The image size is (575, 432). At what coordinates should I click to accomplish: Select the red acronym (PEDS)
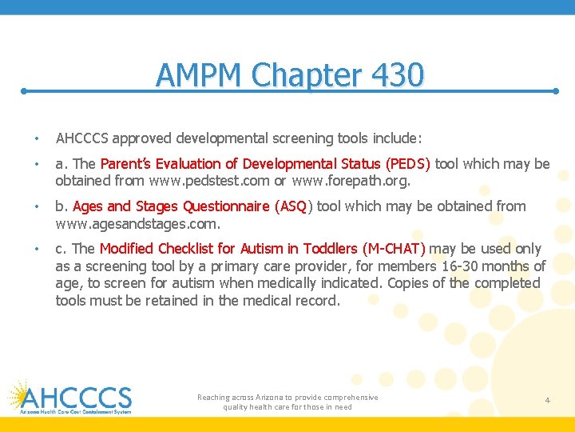click(x=408, y=164)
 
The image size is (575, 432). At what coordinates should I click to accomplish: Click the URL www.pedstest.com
click(x=199, y=181)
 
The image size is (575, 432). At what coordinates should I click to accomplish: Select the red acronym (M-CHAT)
click(x=394, y=249)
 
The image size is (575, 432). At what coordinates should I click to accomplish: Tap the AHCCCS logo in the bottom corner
click(x=70, y=398)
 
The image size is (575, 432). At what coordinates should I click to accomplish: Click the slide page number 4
click(x=548, y=399)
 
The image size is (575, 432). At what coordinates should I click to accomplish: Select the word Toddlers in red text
click(x=331, y=249)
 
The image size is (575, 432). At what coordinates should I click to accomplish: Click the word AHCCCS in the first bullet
click(x=81, y=138)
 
